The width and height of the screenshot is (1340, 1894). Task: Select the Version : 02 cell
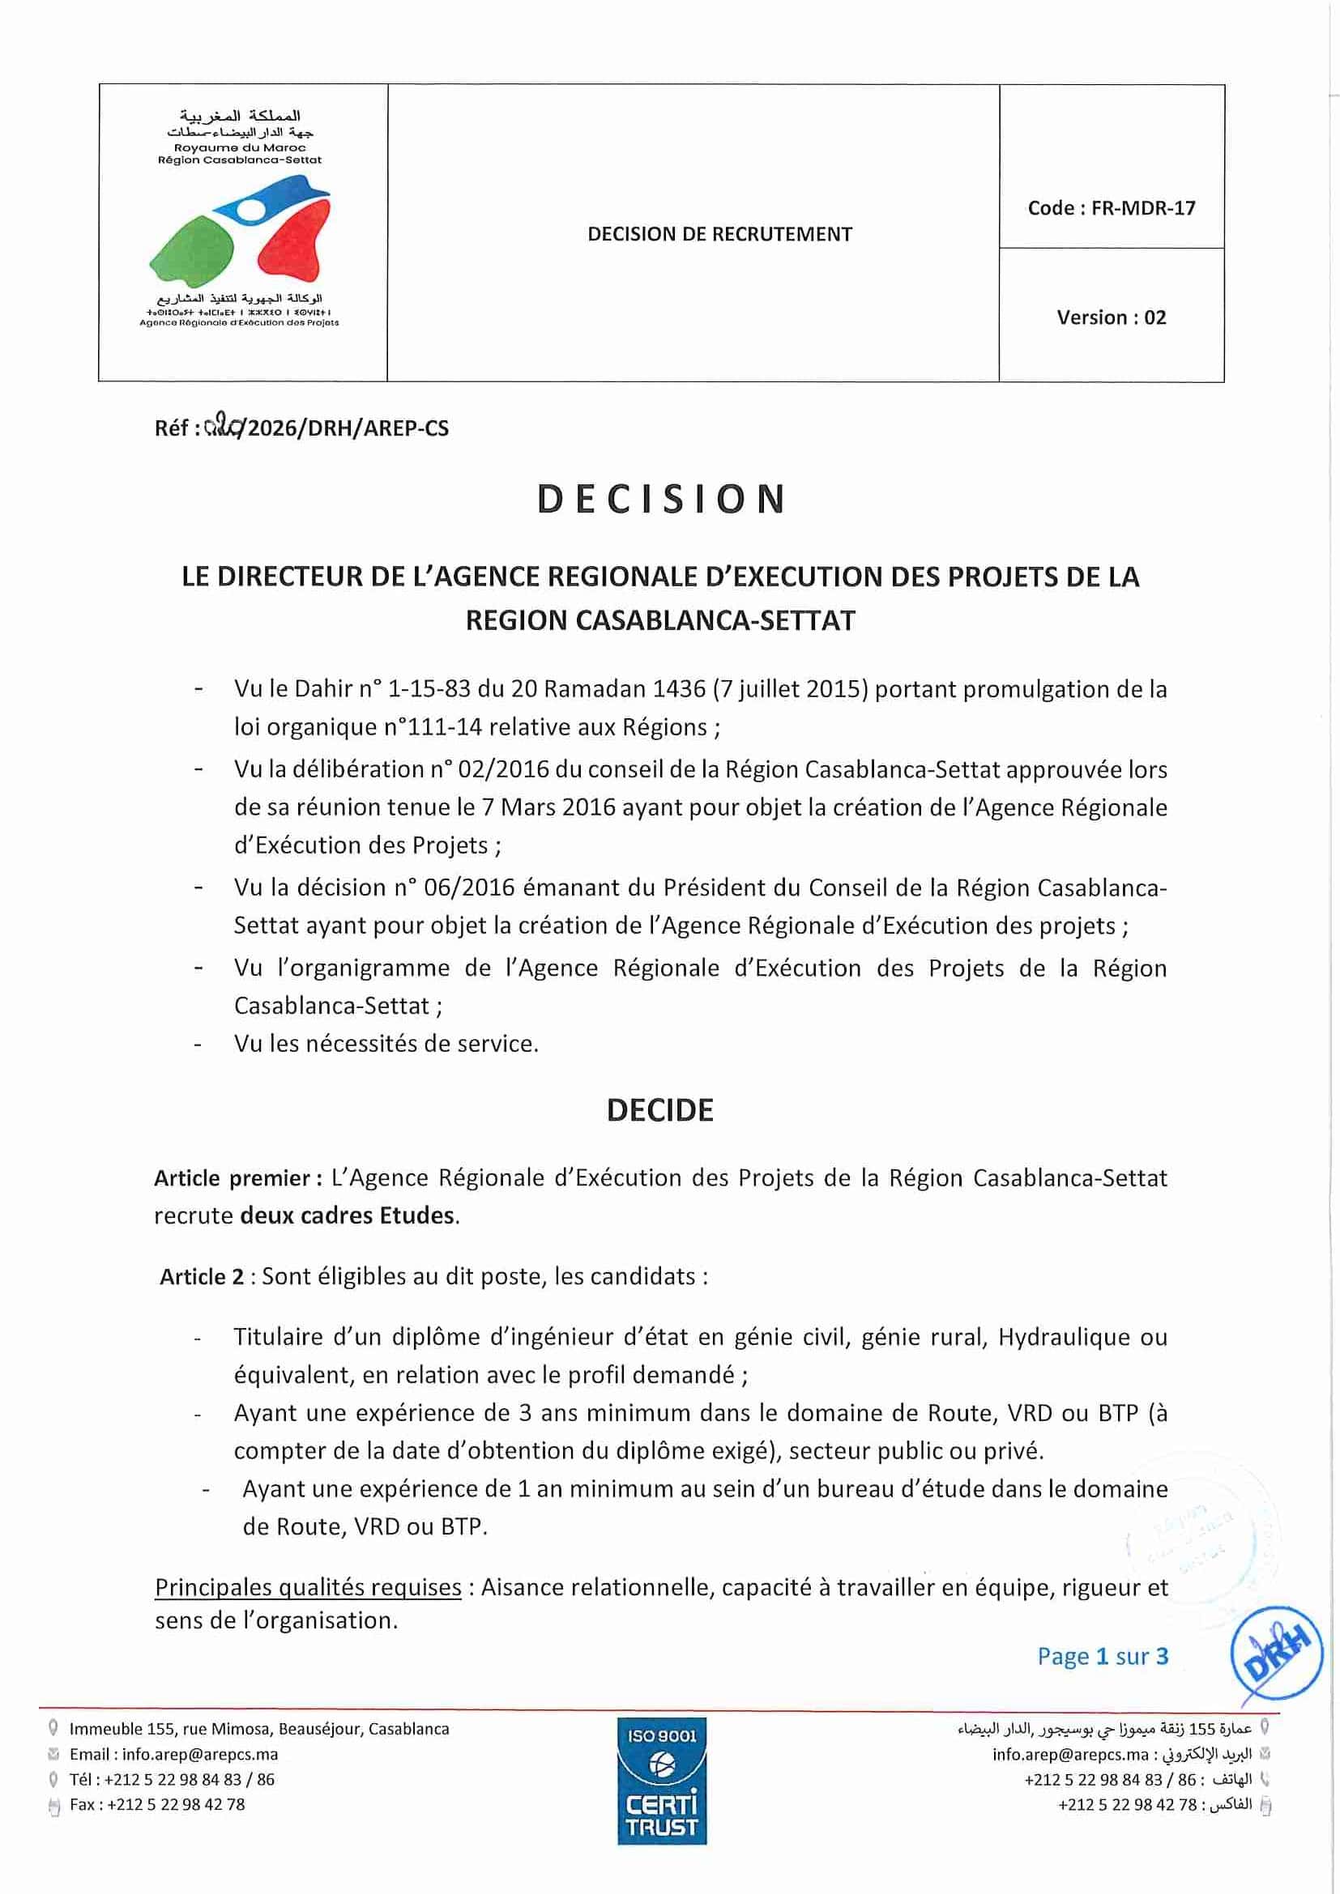point(1111,317)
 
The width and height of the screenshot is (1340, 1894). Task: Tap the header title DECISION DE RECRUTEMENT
point(719,234)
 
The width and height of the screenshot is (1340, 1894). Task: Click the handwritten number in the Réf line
point(223,427)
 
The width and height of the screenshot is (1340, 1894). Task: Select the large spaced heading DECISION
point(661,500)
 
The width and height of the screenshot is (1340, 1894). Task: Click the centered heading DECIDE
point(659,1110)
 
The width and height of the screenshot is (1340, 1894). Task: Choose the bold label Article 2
point(203,1277)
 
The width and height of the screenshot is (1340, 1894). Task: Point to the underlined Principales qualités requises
point(308,1587)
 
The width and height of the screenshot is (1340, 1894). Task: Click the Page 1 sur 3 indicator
point(1103,1657)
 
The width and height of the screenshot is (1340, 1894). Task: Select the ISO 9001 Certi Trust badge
point(662,1781)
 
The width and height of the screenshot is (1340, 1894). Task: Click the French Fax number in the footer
point(158,1805)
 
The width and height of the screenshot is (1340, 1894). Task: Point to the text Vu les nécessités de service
point(386,1044)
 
